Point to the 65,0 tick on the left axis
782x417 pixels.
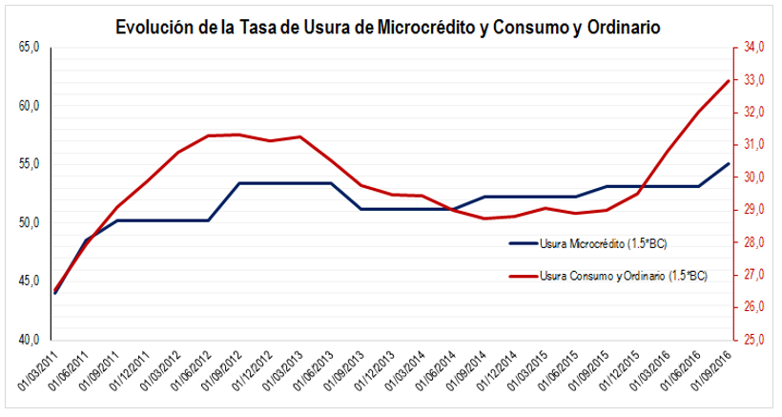pos(29,47)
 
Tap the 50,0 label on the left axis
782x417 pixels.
pos(29,222)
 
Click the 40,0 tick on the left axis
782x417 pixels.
pos(29,339)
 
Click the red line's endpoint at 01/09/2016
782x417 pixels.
pos(729,80)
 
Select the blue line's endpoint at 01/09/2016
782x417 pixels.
pos(729,163)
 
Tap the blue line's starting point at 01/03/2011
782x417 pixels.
pos(55,293)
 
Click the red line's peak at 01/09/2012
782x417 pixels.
pos(239,135)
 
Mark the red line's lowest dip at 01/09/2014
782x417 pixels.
pos(484,219)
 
